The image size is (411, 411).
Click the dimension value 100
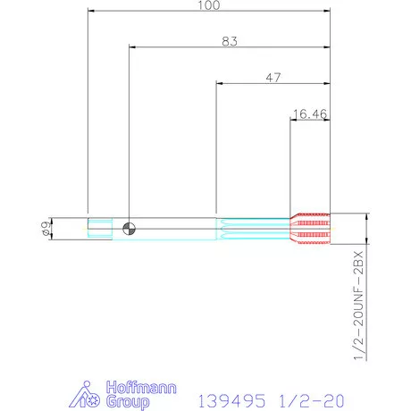[209, 5]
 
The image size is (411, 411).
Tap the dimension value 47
[273, 78]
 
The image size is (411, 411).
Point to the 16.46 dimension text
[310, 113]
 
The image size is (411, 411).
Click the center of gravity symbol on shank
[129, 229]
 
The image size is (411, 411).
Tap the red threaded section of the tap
[311, 229]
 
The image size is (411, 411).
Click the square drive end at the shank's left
[99, 229]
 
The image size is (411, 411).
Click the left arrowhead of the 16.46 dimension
[294, 121]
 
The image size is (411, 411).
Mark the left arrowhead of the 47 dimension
[219, 85]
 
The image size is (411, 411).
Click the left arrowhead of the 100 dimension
[90, 13]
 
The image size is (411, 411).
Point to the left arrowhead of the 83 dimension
[131, 48]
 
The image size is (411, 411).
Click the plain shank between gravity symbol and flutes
[174, 229]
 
